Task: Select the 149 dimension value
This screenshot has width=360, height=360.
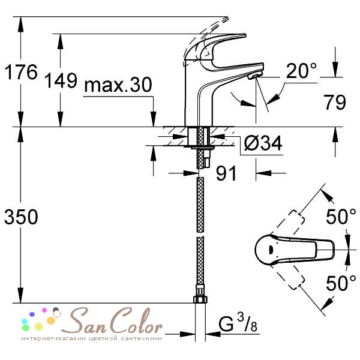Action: click(61, 80)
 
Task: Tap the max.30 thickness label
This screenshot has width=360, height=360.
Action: click(117, 86)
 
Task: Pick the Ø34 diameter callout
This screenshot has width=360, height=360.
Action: click(263, 143)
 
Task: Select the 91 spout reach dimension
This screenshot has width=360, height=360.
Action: click(226, 173)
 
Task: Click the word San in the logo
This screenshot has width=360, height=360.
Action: click(91, 323)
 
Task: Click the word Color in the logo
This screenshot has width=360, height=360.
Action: click(138, 323)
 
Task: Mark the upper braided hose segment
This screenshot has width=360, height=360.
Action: click(200, 204)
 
